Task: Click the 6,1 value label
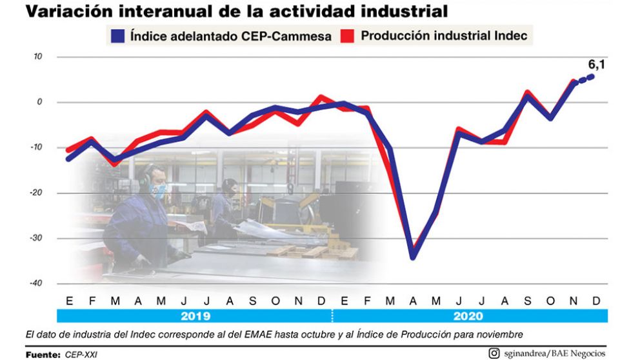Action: [597, 65]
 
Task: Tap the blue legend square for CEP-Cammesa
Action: [117, 35]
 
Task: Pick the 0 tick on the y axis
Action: [39, 102]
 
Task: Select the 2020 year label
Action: [469, 315]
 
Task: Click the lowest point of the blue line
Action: [413, 257]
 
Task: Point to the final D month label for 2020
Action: [597, 301]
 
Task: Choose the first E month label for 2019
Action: [68, 301]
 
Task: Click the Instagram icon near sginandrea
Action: [494, 352]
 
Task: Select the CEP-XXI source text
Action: [80, 354]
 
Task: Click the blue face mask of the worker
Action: [159, 190]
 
